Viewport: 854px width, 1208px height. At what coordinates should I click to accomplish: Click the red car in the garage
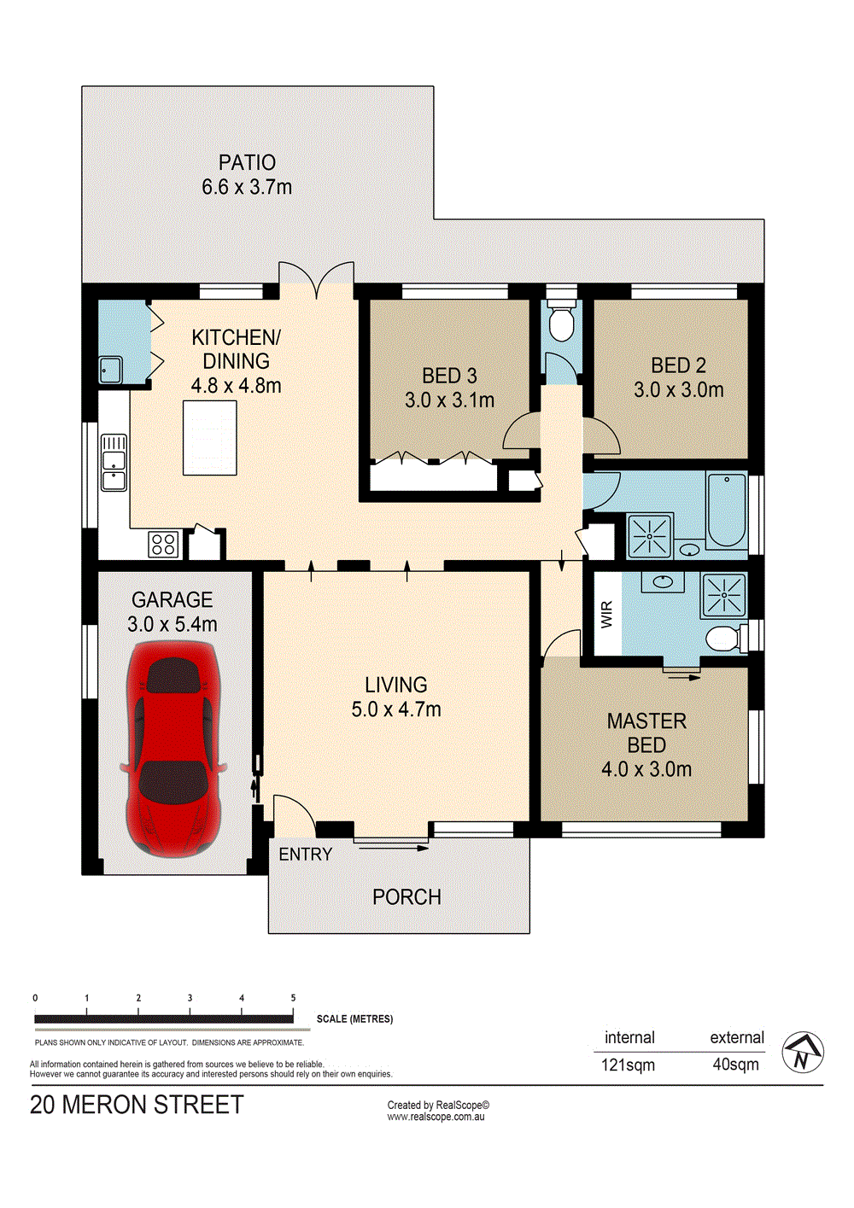[x=173, y=749]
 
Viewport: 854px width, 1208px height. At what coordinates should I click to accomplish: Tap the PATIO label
[x=247, y=162]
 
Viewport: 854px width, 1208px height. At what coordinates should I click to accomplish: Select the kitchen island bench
[x=209, y=437]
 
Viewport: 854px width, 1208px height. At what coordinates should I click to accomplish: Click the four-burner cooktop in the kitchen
[x=163, y=544]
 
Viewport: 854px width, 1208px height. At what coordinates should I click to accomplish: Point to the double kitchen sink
[x=114, y=462]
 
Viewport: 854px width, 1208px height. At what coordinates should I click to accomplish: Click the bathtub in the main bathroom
[x=726, y=511]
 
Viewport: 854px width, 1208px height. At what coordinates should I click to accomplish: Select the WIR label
[x=607, y=614]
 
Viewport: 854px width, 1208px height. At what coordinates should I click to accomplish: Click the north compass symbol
[x=803, y=1052]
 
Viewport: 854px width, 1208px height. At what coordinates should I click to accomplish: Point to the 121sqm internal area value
[x=628, y=1065]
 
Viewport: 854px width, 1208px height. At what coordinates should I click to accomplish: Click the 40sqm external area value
[x=735, y=1065]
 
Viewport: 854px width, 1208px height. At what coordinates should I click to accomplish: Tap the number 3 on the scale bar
[x=190, y=998]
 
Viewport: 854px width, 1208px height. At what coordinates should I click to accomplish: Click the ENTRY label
[x=306, y=855]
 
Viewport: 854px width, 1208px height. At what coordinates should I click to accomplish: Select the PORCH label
[x=407, y=897]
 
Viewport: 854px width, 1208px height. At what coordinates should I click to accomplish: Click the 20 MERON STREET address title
[x=137, y=1105]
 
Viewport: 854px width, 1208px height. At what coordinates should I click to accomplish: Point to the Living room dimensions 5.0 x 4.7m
[x=396, y=709]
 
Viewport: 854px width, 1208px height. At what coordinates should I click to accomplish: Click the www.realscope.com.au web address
[x=436, y=1117]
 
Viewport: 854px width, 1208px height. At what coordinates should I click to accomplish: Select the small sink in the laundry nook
[x=111, y=370]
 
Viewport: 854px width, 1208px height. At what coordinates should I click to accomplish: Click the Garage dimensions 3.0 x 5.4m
[x=173, y=624]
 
